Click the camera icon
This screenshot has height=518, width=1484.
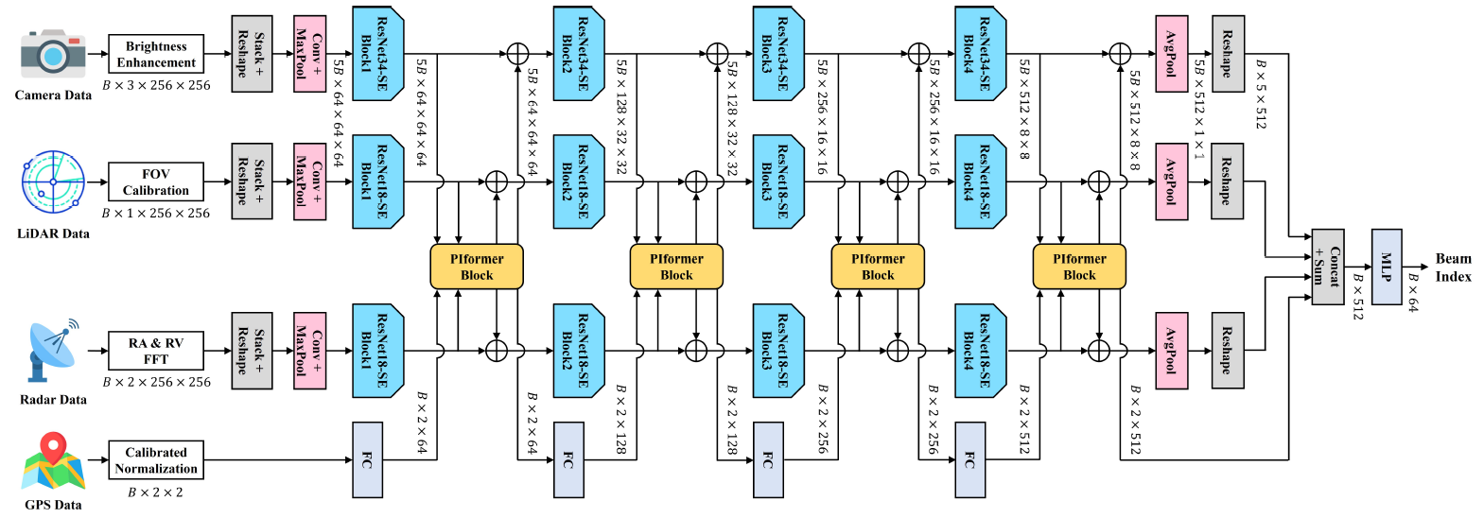(x=53, y=54)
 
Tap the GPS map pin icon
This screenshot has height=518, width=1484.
(x=54, y=463)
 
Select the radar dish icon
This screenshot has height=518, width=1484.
(x=53, y=352)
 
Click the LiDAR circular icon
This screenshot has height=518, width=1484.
(x=53, y=183)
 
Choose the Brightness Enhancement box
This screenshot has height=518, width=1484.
(x=156, y=54)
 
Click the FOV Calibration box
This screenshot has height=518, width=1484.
(x=156, y=181)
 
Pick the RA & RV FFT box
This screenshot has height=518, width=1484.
(x=156, y=351)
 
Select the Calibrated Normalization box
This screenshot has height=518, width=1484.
(x=156, y=460)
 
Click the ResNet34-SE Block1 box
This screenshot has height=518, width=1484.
(x=377, y=54)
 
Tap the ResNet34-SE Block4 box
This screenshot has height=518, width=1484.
(x=980, y=54)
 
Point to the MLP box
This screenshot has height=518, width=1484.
(x=1386, y=267)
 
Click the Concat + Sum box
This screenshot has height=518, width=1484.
(x=1327, y=267)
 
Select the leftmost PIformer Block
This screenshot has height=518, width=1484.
(x=477, y=267)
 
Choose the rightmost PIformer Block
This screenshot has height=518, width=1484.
(x=1079, y=267)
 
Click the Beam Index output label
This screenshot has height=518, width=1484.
(x=1453, y=267)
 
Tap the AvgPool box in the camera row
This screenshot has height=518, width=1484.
(x=1171, y=54)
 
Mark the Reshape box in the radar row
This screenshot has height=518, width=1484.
(x=1227, y=351)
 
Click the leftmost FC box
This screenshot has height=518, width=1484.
(x=367, y=460)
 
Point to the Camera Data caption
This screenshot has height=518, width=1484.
(x=53, y=95)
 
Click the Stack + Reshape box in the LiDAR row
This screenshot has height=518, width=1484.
(x=252, y=181)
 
